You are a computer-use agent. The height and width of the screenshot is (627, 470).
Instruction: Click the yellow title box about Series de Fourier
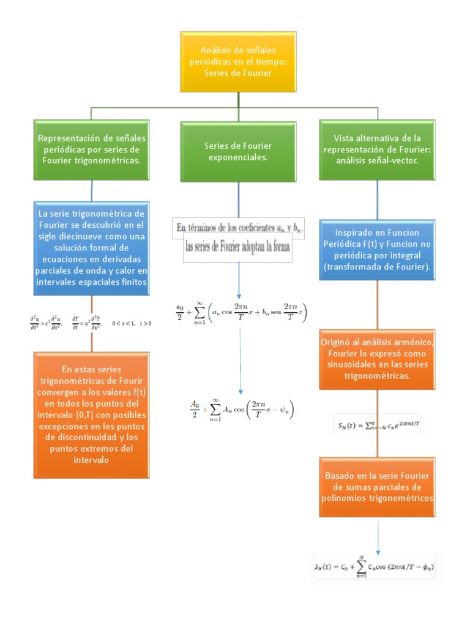tap(239, 61)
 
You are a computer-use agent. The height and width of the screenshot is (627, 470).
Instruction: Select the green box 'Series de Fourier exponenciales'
tap(238, 151)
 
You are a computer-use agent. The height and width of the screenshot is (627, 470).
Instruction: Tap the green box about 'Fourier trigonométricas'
tap(91, 150)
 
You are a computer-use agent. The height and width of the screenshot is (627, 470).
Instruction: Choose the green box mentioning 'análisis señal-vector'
tap(377, 150)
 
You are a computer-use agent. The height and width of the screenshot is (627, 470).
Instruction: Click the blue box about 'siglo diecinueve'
tap(91, 248)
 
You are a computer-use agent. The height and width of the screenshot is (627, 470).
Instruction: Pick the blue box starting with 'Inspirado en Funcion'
tap(377, 250)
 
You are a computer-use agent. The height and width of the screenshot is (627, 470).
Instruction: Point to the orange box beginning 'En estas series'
tap(91, 415)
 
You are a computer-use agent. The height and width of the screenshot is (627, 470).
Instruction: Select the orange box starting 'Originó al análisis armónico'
tap(377, 359)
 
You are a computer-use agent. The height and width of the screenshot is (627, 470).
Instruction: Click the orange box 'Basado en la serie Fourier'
tap(377, 487)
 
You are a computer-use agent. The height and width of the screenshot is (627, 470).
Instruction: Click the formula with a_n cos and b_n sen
tap(241, 310)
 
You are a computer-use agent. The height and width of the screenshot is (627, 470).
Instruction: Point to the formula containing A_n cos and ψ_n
tap(242, 408)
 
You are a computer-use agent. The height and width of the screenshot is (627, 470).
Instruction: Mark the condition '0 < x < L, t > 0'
tap(132, 323)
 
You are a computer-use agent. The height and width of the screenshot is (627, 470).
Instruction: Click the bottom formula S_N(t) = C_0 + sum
tap(376, 567)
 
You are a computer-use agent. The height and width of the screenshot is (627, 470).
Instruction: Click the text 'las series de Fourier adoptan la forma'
tap(238, 248)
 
